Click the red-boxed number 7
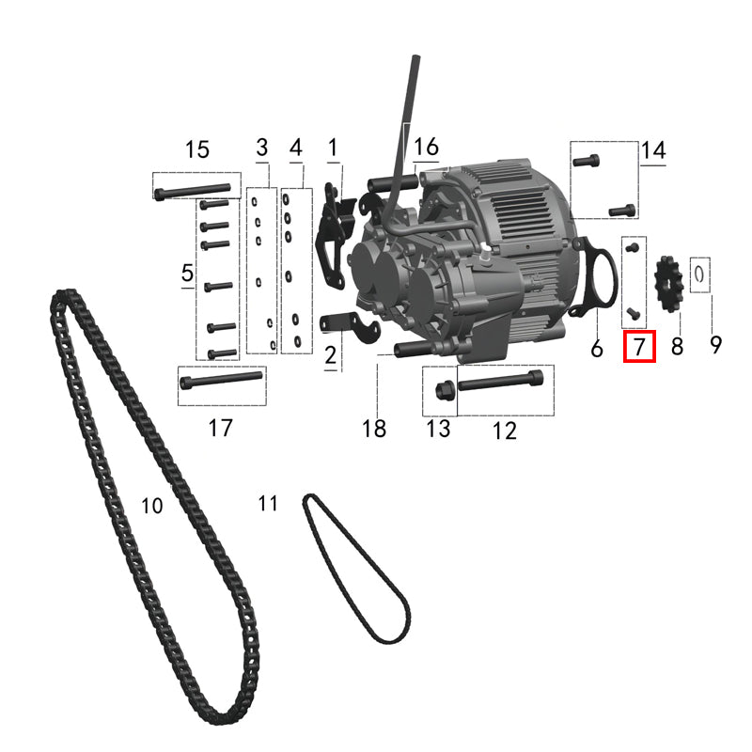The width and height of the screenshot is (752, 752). pos(639,348)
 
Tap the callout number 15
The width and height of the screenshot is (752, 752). pos(196,149)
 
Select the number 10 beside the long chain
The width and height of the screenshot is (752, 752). pos(152,506)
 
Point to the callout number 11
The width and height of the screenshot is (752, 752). pos(269,504)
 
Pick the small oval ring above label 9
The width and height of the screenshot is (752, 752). pos(701,274)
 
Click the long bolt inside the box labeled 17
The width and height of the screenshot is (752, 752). pos(219,380)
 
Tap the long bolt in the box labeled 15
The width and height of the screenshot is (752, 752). pos(193,191)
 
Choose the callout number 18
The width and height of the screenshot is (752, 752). pos(374,429)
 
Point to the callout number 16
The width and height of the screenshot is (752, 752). pos(426,147)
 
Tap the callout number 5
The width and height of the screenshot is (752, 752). pos(187,274)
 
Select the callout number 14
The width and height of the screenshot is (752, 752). pos(653,149)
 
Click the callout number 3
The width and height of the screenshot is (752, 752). pos(262,148)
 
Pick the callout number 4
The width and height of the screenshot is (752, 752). pos(296,148)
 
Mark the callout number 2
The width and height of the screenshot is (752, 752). pos(331,355)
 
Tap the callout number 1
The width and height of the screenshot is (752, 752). pos(332,148)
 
